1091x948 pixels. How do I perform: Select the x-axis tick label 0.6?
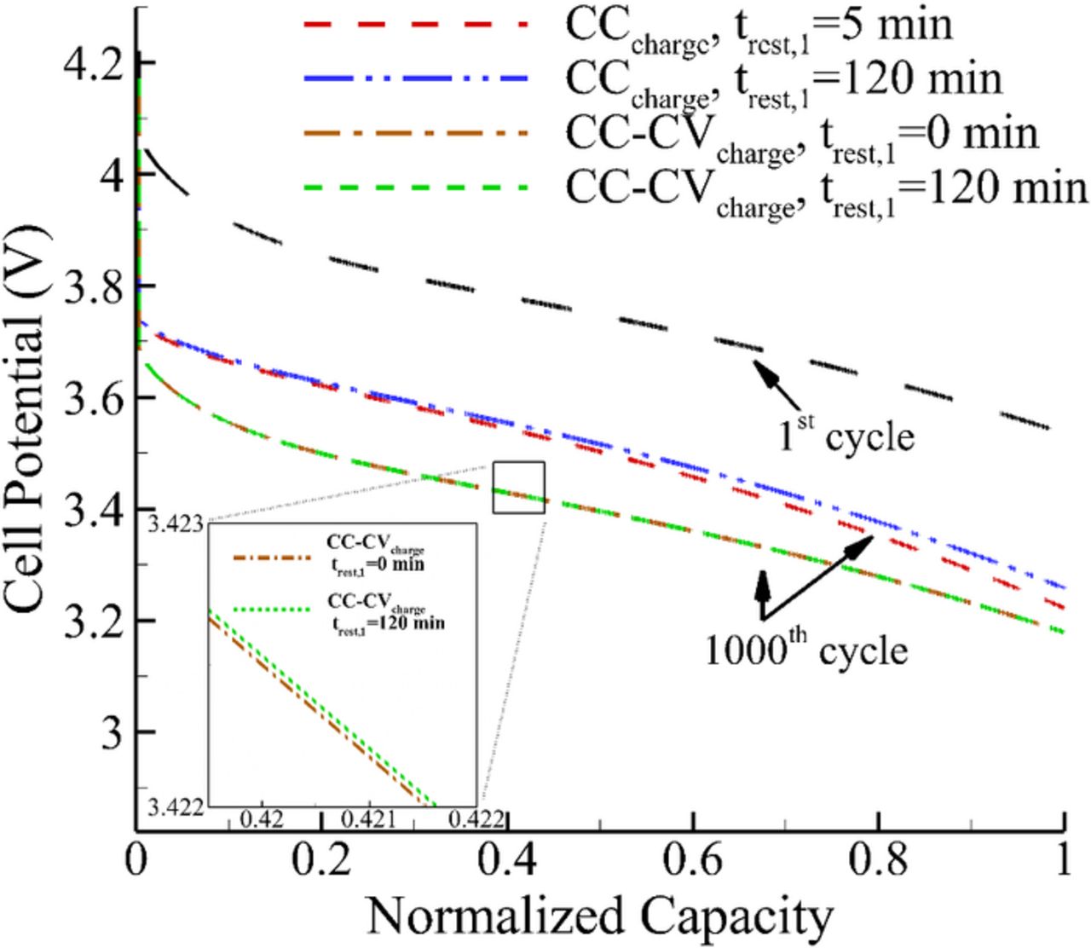[694, 861]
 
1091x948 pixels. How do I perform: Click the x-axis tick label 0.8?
[879, 861]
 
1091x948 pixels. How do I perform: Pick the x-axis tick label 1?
[1063, 861]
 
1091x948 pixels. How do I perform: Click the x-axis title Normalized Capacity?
[599, 917]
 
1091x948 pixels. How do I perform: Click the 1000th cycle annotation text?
[805, 650]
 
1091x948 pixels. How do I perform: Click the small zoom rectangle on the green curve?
[518, 488]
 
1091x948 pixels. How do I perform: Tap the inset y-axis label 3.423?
[176, 522]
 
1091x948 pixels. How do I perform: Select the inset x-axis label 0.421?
[367, 819]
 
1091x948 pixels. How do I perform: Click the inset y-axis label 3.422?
[176, 806]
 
